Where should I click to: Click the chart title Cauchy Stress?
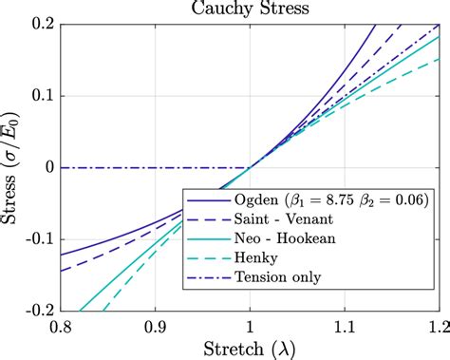click(x=249, y=9)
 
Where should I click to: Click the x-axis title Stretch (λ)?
click(x=249, y=348)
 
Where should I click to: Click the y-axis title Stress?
click(x=13, y=166)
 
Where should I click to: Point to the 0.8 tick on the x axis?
click(x=61, y=326)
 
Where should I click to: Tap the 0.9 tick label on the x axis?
click(x=155, y=326)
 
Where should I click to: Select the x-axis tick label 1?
click(x=249, y=326)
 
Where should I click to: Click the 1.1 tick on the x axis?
click(x=343, y=326)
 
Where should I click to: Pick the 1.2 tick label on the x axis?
click(x=436, y=326)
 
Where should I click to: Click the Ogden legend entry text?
click(x=329, y=201)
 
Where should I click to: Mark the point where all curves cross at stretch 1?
click(x=249, y=168)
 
